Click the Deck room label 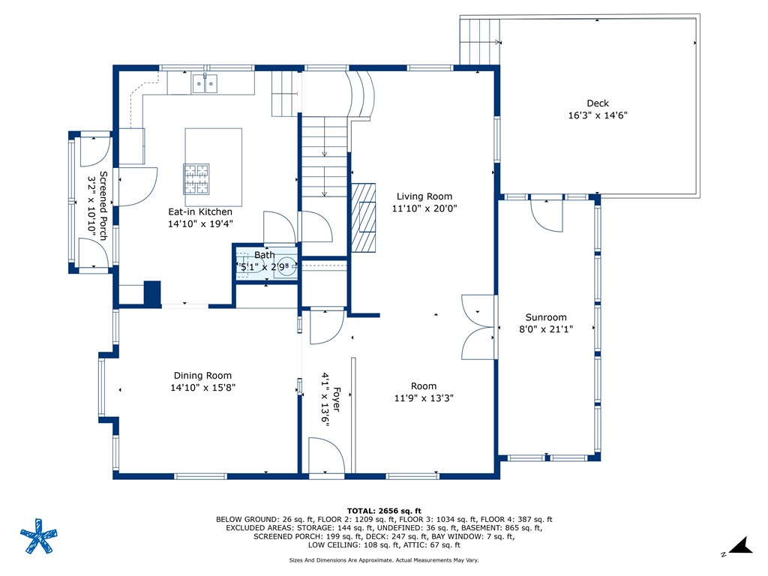(598, 103)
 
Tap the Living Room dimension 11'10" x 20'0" (424, 208)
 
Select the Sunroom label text (546, 317)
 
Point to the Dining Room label (202, 376)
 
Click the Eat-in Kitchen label (200, 211)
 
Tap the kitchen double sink (205, 83)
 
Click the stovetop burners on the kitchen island (196, 178)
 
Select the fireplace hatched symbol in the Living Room (363, 217)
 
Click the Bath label (265, 255)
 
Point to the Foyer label (337, 399)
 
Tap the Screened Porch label (103, 205)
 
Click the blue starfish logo (39, 535)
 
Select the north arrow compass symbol (740, 546)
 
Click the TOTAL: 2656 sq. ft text (384, 511)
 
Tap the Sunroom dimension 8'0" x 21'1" (546, 329)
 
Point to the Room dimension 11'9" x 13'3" (424, 398)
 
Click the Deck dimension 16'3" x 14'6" (598, 115)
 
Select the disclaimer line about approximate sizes (384, 559)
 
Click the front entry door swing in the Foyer (326, 455)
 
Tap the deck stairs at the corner (479, 42)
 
